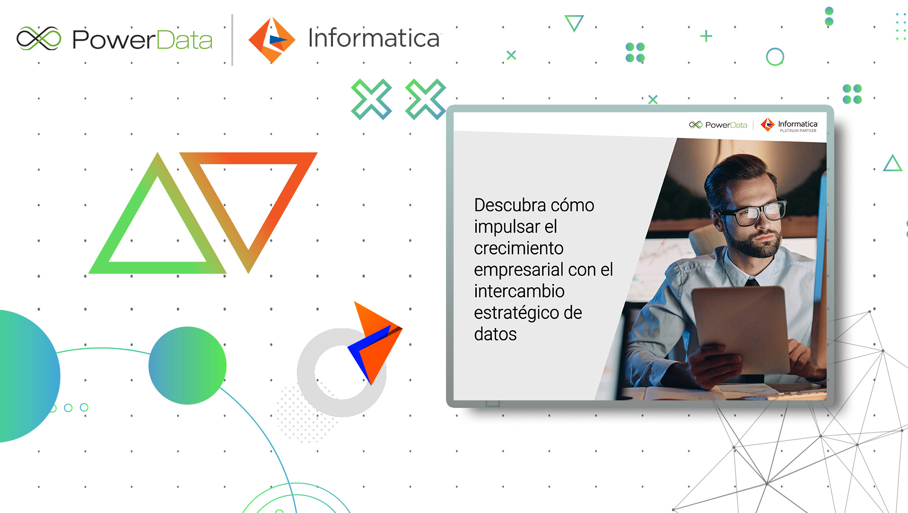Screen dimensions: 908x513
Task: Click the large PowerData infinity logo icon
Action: (39, 38)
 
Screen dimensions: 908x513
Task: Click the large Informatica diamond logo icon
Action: (271, 40)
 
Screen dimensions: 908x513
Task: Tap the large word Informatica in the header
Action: (374, 38)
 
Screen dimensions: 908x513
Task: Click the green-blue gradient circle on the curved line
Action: (187, 365)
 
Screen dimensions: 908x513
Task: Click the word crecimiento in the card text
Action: (519, 248)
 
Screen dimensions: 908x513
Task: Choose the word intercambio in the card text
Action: (519, 292)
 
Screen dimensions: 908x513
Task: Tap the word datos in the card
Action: (495, 335)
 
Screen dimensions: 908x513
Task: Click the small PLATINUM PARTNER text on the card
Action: (798, 131)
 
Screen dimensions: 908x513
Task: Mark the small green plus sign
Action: (706, 36)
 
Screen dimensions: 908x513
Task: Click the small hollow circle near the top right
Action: (775, 57)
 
